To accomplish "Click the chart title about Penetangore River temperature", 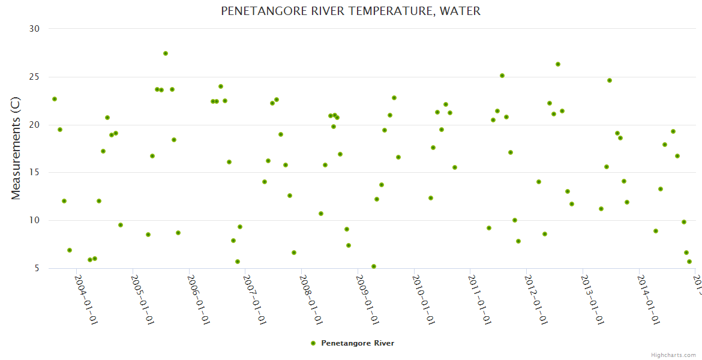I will point(350,11).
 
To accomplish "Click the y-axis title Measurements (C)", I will point(16,149).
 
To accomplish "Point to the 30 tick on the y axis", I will point(34,29).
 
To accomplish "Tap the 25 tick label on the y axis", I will point(34,77).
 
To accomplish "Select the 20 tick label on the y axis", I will point(34,125).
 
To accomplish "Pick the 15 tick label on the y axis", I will point(34,173).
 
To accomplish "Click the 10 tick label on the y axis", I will point(34,221).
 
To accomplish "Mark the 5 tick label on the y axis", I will point(36,269).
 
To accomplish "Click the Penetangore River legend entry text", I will point(358,343).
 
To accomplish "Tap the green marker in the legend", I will point(313,343).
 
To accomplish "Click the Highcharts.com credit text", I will point(673,355).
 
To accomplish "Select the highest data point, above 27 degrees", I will point(166,53).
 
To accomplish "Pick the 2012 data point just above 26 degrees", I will point(558,64).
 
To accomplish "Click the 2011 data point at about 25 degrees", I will point(502,76).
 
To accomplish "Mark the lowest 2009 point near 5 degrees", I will point(374,266).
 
